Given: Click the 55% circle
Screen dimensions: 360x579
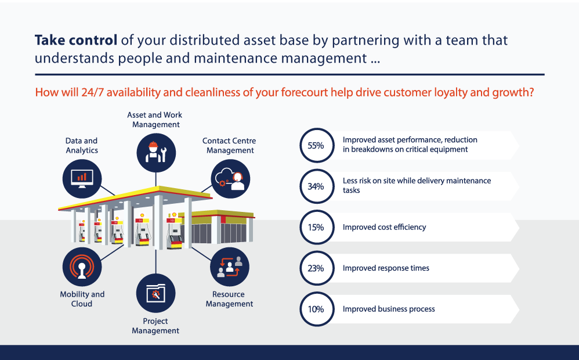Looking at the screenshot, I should (x=316, y=145).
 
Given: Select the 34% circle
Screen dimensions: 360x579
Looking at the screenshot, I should (x=316, y=186).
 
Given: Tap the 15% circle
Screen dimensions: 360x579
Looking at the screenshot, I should (x=316, y=227).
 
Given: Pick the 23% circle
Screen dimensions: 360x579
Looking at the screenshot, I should (x=316, y=268).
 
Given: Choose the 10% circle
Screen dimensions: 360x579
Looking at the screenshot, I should (x=316, y=309).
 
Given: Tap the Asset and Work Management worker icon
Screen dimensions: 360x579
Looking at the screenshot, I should (x=156, y=152).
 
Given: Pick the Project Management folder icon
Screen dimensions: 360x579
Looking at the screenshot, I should (x=155, y=293).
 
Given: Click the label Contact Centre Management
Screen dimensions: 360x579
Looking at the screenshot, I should (x=229, y=145).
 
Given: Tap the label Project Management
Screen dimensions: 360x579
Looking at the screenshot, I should (x=155, y=326).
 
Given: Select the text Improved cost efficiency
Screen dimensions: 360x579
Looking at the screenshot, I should (x=384, y=227).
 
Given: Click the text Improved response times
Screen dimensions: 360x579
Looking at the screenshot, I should (x=386, y=268).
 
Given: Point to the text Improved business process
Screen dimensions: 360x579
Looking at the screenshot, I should (x=389, y=309).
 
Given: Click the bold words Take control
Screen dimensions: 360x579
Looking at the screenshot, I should (x=76, y=40).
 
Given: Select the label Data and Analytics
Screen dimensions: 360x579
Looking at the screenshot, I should (x=82, y=145).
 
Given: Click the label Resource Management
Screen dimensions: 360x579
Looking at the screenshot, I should (x=229, y=299).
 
